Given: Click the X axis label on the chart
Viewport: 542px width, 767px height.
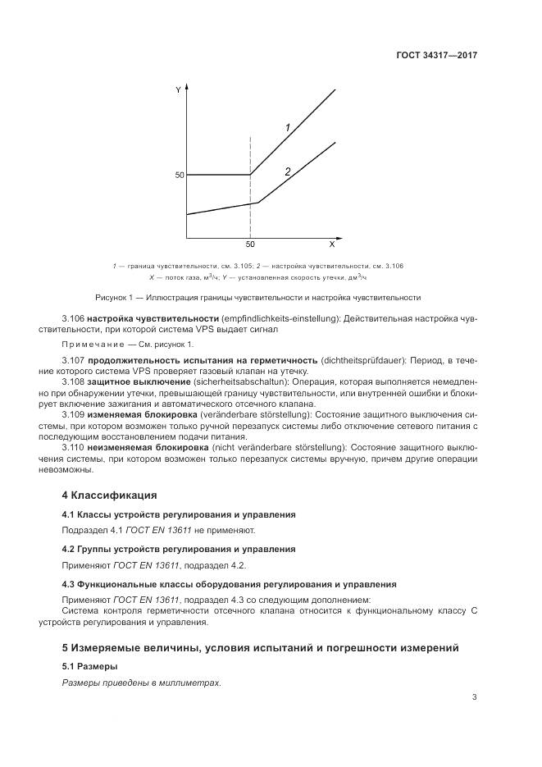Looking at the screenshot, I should coord(331,244).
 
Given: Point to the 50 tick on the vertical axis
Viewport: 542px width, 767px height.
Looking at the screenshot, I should coord(178,175).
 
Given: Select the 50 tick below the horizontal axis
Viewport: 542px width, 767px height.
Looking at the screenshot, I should coord(250,244).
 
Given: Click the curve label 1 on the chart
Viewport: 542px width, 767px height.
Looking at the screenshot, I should coord(288,128).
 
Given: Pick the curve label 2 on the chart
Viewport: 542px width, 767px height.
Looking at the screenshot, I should coord(288,172).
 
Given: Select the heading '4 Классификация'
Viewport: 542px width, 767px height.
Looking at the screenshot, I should coord(109,495).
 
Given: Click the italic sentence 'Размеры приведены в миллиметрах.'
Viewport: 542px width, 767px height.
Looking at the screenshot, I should coord(142,683).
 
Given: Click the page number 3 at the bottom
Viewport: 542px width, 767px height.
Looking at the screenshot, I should coord(474,698).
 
